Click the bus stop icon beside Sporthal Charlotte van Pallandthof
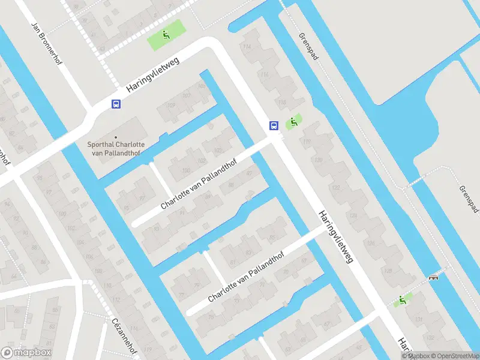[116, 104]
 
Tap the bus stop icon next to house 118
[274, 125]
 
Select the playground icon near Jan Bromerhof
[166, 35]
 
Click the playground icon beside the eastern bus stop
[293, 122]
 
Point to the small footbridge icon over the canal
[433, 277]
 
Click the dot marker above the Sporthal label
[116, 137]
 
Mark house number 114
[246, 47]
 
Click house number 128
[388, 271]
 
